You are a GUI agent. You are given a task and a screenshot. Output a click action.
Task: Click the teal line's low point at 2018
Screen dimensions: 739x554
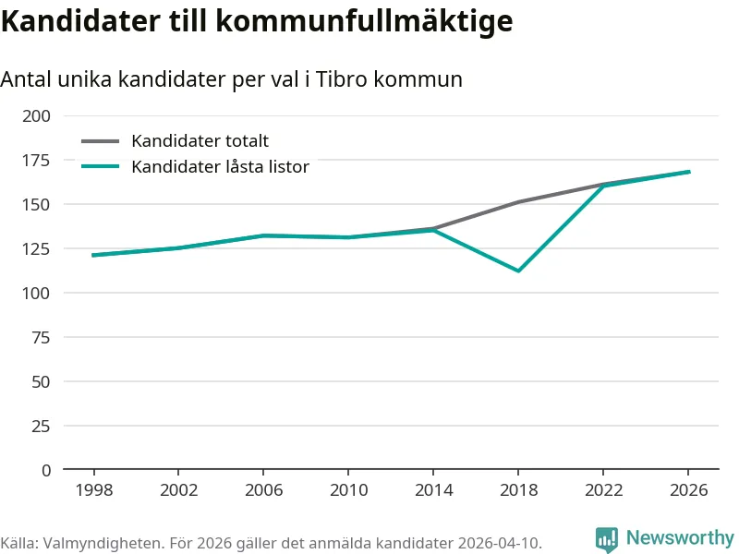pyautogui.click(x=518, y=271)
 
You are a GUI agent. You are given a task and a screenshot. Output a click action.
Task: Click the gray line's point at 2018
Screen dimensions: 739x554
pyautogui.click(x=518, y=202)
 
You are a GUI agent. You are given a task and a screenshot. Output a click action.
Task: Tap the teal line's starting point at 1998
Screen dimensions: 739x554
pyautogui.click(x=93, y=256)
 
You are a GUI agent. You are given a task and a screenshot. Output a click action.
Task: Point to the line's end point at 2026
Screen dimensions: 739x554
pyautogui.click(x=689, y=172)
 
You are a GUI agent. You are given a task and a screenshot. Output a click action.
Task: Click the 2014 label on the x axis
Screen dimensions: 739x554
pyautogui.click(x=433, y=490)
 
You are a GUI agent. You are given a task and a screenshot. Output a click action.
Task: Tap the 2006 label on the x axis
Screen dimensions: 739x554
pyautogui.click(x=263, y=490)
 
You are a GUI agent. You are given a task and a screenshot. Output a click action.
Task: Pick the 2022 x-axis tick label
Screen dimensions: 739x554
pyautogui.click(x=604, y=490)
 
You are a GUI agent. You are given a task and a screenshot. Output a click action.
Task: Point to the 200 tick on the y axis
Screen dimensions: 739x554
pyautogui.click(x=36, y=116)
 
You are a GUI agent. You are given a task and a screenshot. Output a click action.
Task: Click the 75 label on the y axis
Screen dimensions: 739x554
pyautogui.click(x=41, y=337)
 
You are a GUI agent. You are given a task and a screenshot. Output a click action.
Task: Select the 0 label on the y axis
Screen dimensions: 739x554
pyautogui.click(x=46, y=470)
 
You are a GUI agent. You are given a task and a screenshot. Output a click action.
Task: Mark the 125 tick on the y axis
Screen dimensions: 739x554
pyautogui.click(x=36, y=248)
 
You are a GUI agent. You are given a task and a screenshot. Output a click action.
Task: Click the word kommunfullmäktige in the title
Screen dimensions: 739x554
pyautogui.click(x=364, y=21)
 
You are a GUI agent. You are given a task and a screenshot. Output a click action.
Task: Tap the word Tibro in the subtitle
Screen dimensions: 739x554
pyautogui.click(x=341, y=78)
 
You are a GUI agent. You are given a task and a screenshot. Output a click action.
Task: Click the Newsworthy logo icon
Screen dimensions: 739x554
pyautogui.click(x=607, y=539)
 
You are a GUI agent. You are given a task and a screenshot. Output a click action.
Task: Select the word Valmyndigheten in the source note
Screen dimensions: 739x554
pyautogui.click(x=103, y=543)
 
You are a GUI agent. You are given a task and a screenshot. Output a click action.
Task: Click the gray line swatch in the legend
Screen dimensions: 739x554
pyautogui.click(x=101, y=141)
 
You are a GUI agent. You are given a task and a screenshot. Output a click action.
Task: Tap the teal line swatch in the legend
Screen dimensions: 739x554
pyautogui.click(x=101, y=166)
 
